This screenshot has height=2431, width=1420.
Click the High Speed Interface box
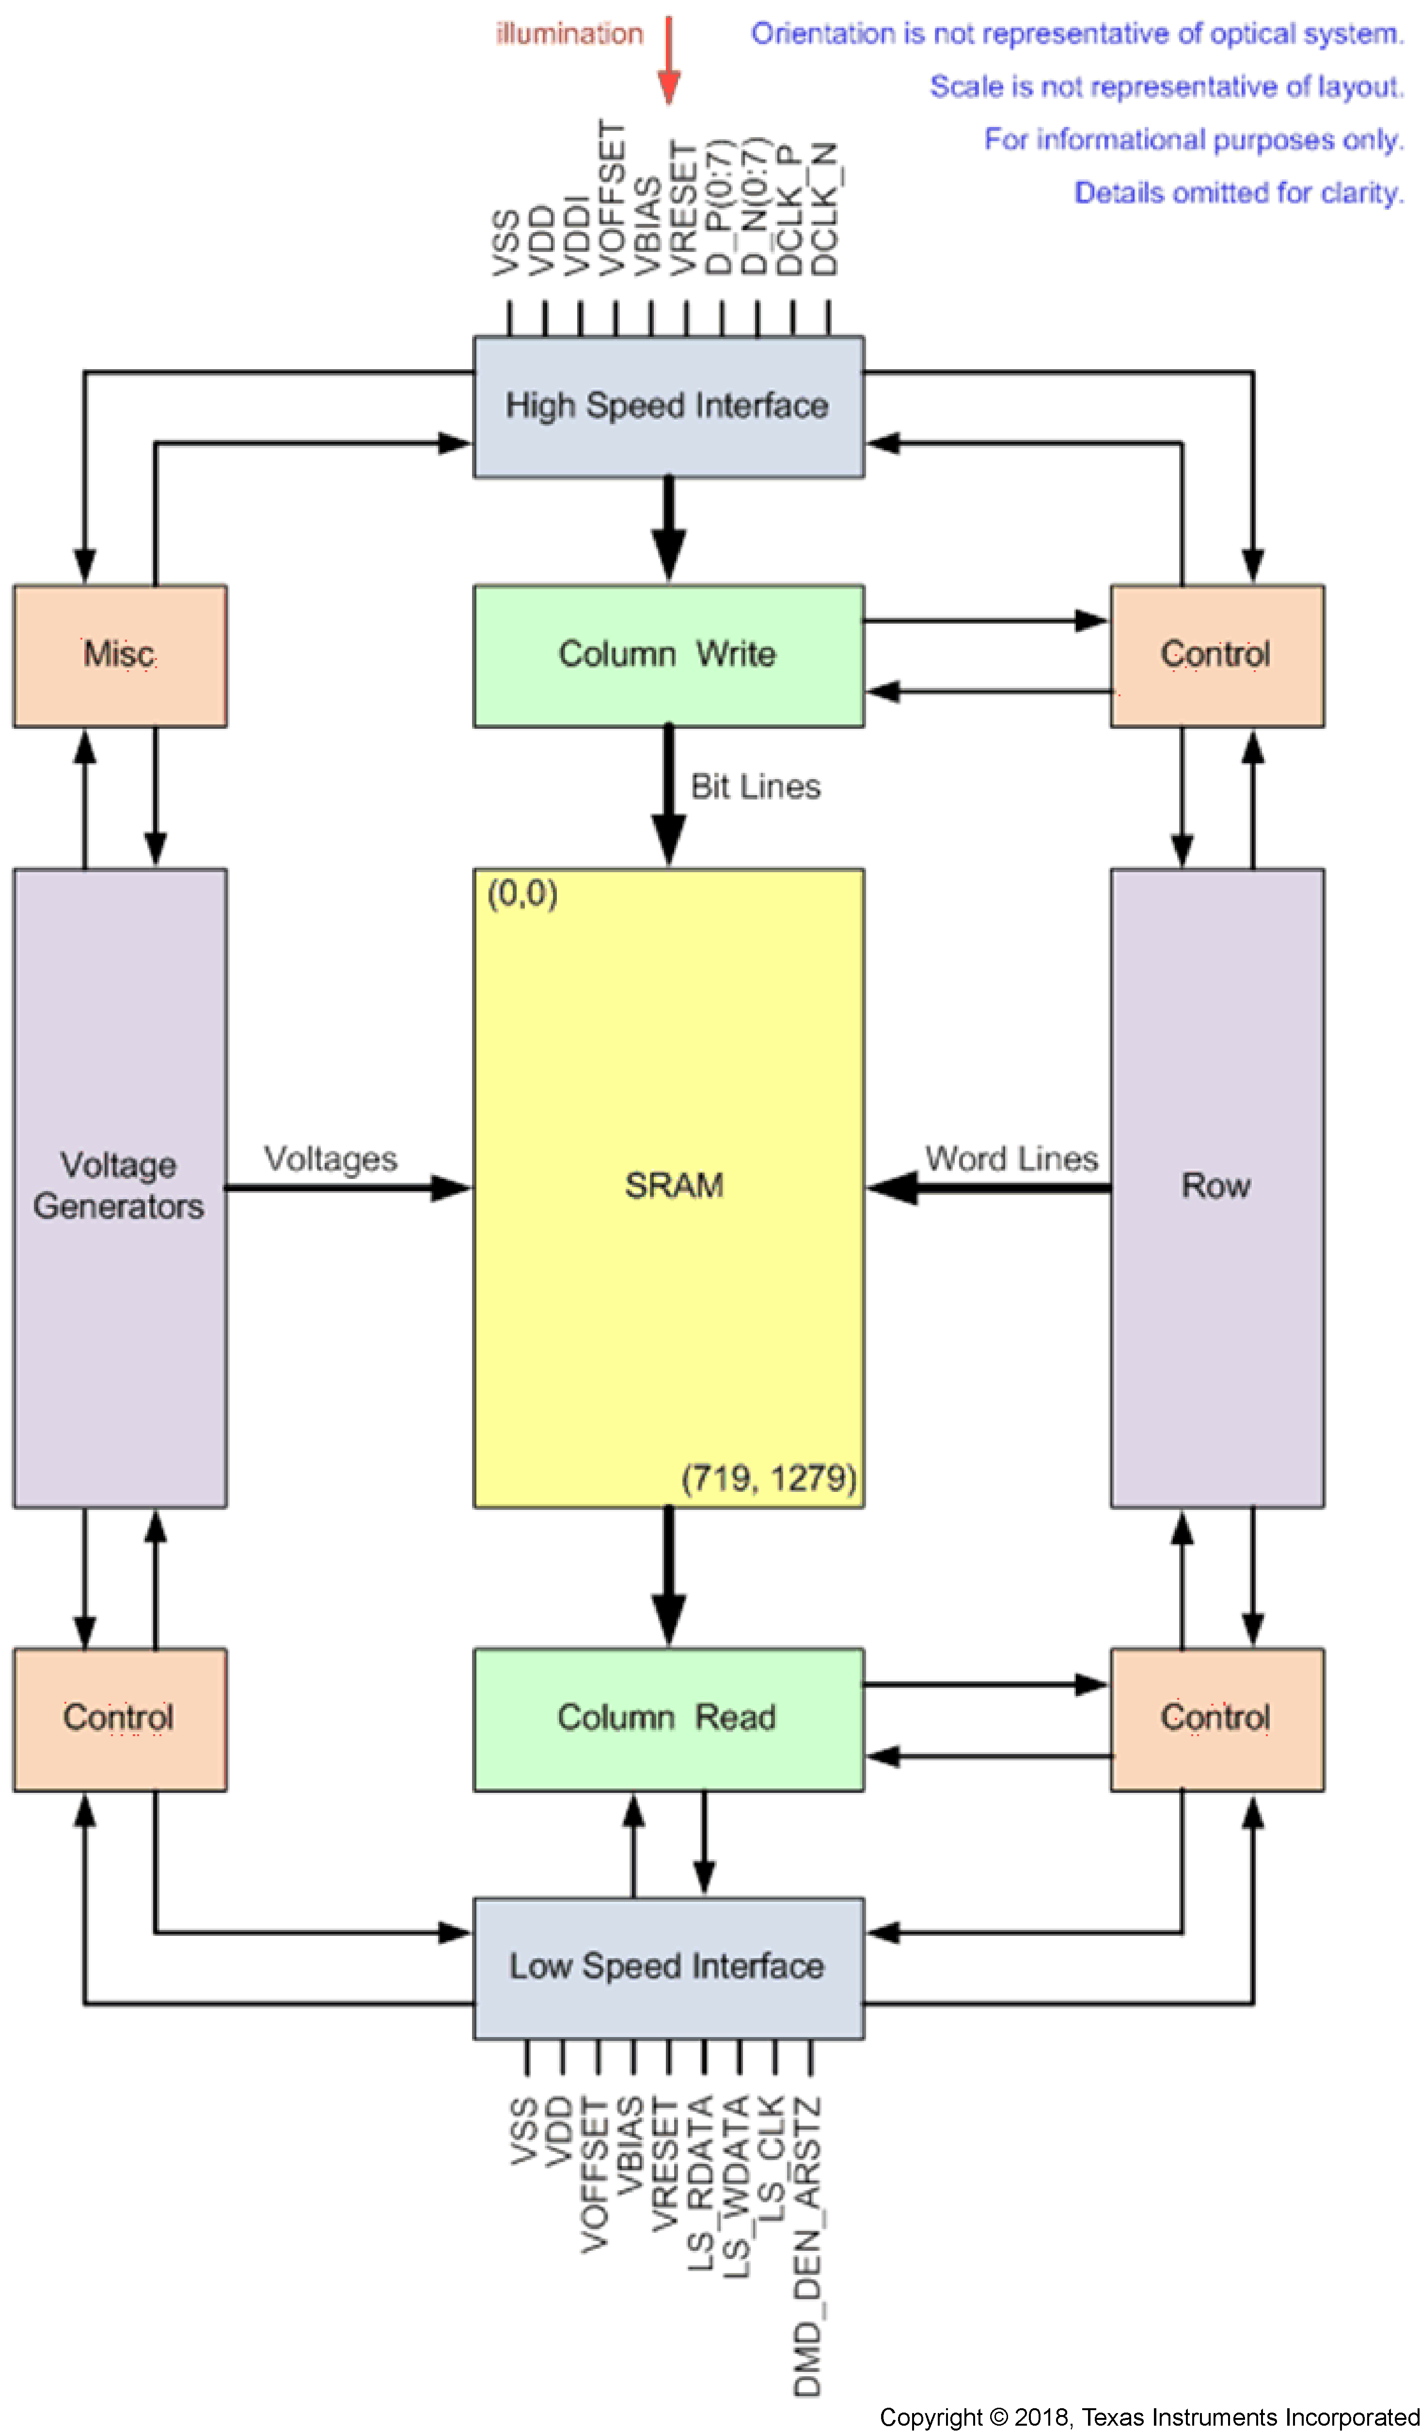[667, 406]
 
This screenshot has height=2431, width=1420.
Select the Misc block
[120, 655]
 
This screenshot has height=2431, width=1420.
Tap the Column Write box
[667, 655]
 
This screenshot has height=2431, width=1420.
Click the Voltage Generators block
[120, 1187]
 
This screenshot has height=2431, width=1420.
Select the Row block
[1216, 1187]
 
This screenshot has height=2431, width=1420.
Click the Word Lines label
[1011, 1159]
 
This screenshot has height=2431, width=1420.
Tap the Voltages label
[331, 1159]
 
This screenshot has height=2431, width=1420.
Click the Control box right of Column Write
[1216, 655]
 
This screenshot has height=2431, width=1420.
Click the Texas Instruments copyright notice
[1148, 2416]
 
